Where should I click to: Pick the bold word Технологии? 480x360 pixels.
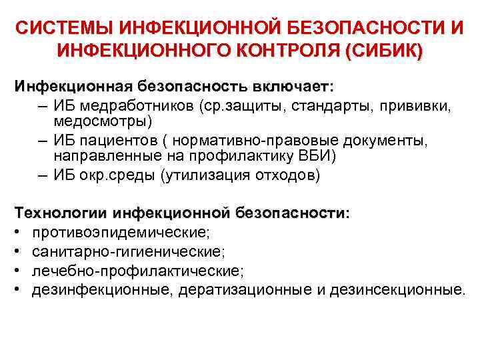point(61,213)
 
